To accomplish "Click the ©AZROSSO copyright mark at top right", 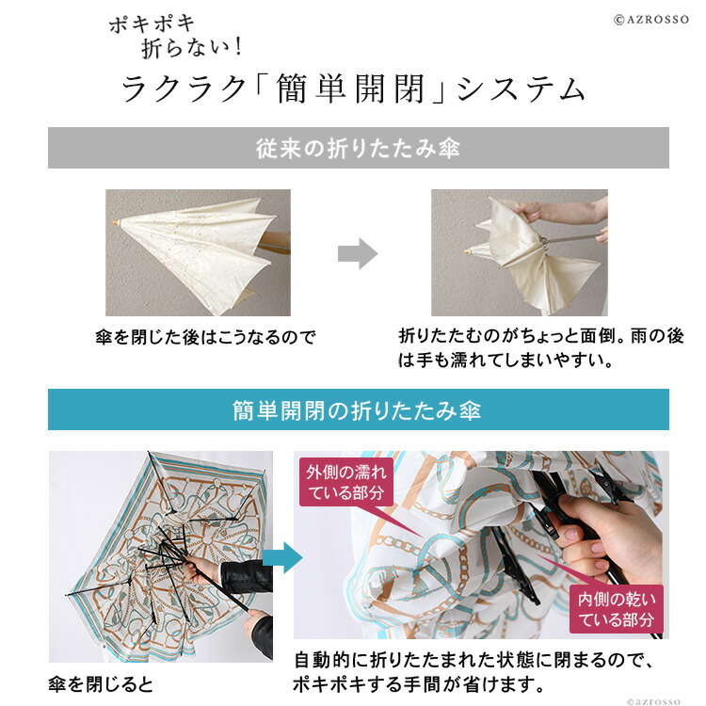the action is click(651, 20).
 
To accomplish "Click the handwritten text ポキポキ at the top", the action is click(152, 24).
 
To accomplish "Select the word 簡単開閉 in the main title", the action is click(350, 88).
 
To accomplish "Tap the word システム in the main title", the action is click(521, 89).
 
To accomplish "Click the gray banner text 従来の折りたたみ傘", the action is click(358, 148).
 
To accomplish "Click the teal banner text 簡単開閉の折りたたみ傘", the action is click(357, 410).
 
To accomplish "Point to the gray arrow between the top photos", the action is click(358, 254).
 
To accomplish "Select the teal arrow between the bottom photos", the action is click(282, 557).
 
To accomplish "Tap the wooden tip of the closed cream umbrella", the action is click(116, 222).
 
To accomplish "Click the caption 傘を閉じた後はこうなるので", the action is click(205, 337).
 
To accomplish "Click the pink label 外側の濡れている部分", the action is click(345, 482).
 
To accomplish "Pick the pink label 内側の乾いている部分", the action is click(616, 610).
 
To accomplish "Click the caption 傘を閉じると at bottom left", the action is click(101, 684).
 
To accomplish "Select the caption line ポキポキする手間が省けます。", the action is click(419, 684).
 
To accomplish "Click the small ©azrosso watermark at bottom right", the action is click(653, 700).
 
